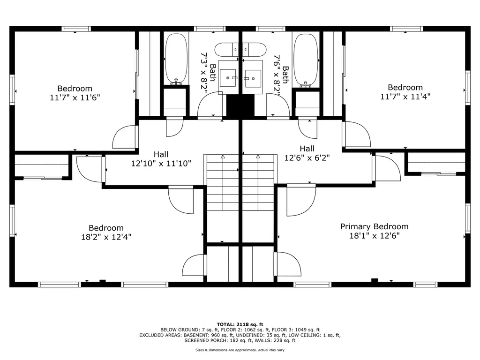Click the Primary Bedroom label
pyautogui.click(x=375, y=226)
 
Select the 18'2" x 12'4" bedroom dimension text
pyautogui.click(x=106, y=237)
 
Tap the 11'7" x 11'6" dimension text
pyautogui.click(x=75, y=97)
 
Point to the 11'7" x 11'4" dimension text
pyautogui.click(x=405, y=97)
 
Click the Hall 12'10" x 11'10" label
pyautogui.click(x=161, y=159)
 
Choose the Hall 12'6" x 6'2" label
pyautogui.click(x=307, y=153)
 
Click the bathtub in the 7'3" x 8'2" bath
pyautogui.click(x=176, y=59)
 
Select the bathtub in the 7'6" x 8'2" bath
pyautogui.click(x=306, y=59)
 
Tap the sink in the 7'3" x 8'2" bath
pyautogui.click(x=228, y=78)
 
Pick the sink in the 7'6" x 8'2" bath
pyautogui.click(x=253, y=79)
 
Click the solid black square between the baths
pyautogui.click(x=240, y=105)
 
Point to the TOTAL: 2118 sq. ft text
pyautogui.click(x=240, y=324)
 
